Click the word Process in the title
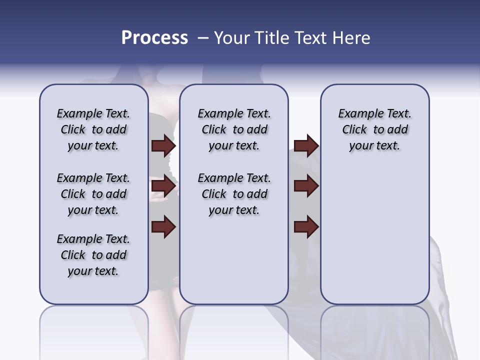(154, 38)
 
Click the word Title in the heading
(270, 38)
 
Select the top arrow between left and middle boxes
(163, 146)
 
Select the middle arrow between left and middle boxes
(163, 186)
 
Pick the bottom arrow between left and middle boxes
(163, 227)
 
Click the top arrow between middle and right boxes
(306, 146)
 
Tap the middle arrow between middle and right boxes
(306, 186)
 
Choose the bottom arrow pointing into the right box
(306, 227)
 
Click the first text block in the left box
(93, 129)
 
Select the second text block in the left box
(93, 194)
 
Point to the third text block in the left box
(93, 255)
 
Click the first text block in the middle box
(234, 129)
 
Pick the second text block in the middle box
(234, 194)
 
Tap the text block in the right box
(374, 129)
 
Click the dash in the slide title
(203, 38)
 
